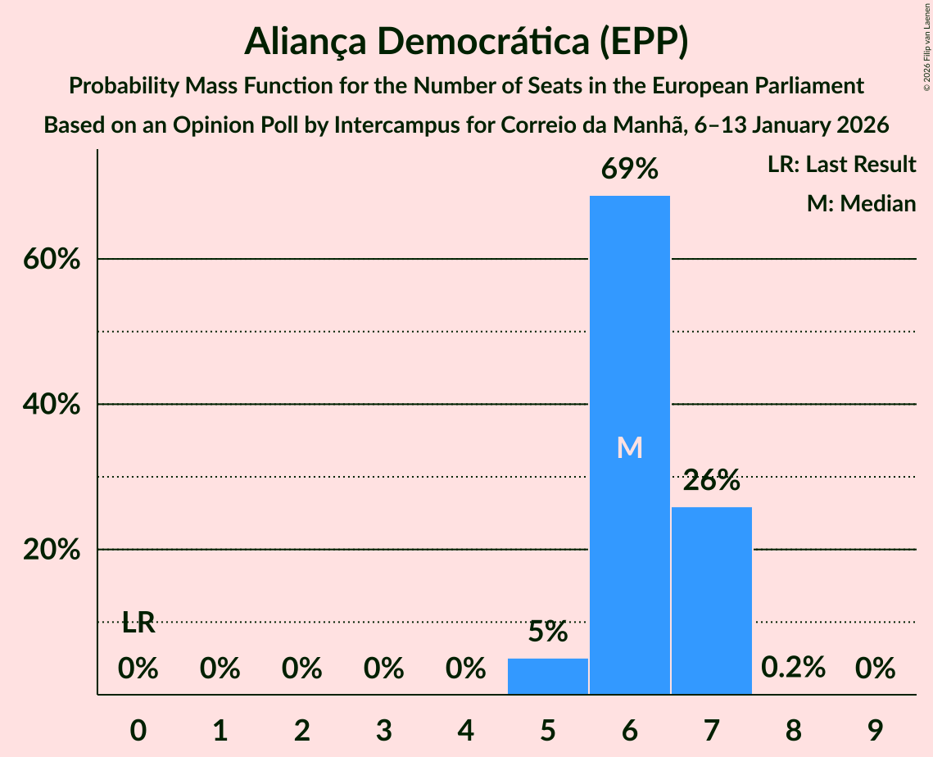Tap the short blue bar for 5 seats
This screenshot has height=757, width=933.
pos(548,676)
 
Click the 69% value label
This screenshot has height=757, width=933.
pos(629,170)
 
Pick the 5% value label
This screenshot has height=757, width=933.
pos(548,632)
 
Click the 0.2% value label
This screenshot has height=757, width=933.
pos(793,668)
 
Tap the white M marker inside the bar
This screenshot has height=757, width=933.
pos(629,447)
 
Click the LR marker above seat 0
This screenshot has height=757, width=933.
pos(138,623)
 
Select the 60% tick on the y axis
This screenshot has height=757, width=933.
pos(51,260)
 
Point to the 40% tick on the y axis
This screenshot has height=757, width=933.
pos(51,405)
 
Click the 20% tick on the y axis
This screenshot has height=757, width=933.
pos(51,550)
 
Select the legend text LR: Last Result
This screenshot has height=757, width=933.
pos(841,165)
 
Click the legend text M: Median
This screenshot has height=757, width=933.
pos(861,203)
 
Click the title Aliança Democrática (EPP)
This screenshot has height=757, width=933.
pos(466,42)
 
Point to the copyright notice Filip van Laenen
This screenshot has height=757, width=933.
pos(926,46)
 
